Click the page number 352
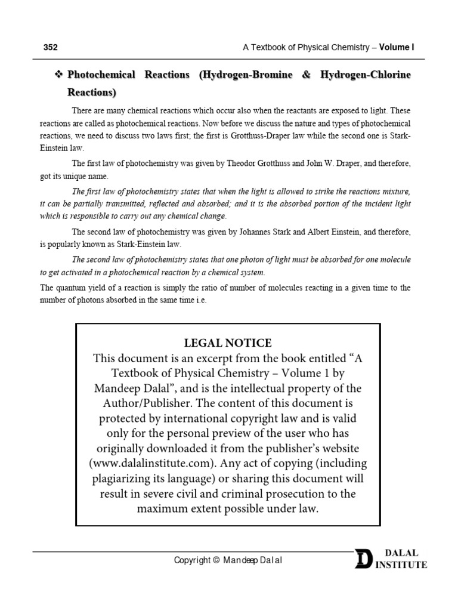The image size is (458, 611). (50, 47)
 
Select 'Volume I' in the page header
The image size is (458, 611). (396, 47)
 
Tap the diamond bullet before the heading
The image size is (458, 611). (58, 76)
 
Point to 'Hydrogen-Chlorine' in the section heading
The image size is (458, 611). (366, 76)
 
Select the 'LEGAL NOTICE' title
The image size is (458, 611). (228, 343)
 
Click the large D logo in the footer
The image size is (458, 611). (363, 558)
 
